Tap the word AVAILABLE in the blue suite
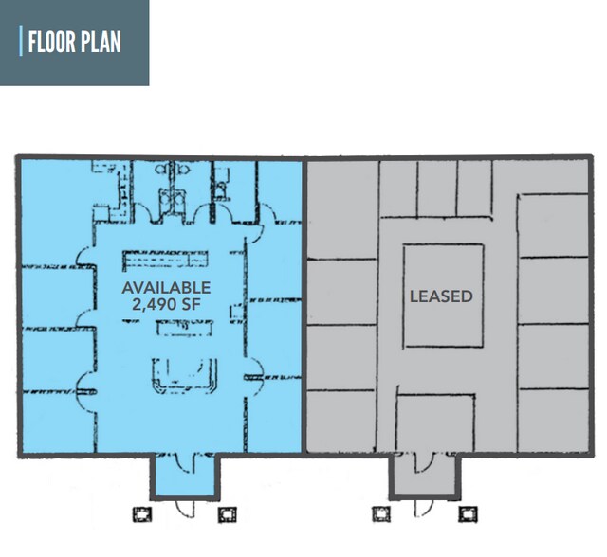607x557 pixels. pos(166,287)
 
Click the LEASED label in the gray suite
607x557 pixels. pos(441,296)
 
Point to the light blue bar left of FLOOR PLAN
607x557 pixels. pos(21,42)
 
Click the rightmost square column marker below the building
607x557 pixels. pos(467,514)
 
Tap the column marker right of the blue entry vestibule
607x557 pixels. pos(227,514)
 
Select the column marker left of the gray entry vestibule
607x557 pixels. pos(381,514)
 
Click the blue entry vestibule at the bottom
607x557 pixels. pos(184,475)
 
